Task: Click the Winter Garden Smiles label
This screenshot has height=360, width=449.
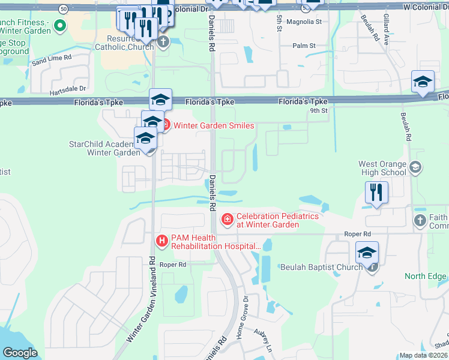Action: click(214, 125)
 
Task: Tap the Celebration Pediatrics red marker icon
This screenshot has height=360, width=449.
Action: click(227, 220)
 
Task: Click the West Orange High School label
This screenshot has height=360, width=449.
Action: click(382, 168)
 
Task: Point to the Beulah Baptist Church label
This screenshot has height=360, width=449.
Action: click(321, 266)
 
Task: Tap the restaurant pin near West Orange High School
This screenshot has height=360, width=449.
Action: click(376, 193)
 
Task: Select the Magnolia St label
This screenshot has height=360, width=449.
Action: click(304, 21)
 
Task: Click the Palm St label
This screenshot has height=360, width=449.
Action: click(304, 46)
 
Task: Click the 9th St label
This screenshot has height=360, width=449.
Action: click(319, 111)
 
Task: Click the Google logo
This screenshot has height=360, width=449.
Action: click(20, 353)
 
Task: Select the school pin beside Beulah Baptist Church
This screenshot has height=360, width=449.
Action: click(367, 254)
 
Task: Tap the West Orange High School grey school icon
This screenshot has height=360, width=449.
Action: click(414, 168)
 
